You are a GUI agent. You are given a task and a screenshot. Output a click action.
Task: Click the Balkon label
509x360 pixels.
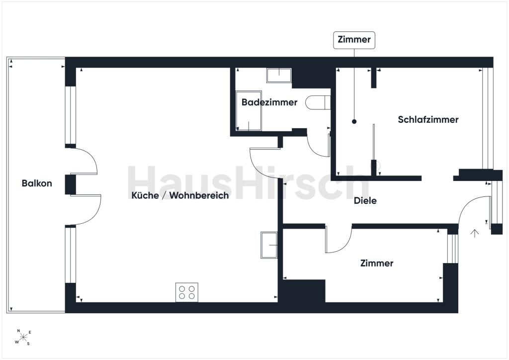[37, 183]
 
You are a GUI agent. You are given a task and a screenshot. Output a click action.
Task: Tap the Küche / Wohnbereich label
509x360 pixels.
[180, 195]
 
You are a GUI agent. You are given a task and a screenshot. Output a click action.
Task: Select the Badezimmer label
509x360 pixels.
[269, 102]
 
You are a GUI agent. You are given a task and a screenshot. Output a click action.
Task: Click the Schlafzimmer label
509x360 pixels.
[428, 119]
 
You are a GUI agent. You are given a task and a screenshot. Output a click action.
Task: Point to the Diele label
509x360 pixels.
[365, 200]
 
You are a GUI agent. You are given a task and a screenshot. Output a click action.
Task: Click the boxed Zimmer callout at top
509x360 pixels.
[354, 40]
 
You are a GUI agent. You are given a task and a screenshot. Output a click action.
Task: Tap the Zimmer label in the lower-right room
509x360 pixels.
[377, 263]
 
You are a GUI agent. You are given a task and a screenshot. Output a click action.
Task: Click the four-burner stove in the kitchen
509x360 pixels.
[187, 292]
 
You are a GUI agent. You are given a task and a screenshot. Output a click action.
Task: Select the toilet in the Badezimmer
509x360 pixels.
[318, 102]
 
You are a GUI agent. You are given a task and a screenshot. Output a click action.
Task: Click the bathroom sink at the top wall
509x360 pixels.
[279, 75]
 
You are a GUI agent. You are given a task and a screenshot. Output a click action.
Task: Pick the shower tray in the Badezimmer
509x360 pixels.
[249, 111]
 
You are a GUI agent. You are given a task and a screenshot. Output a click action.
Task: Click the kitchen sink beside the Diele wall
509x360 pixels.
[269, 245]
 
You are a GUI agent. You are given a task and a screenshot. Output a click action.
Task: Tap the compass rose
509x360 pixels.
[23, 338]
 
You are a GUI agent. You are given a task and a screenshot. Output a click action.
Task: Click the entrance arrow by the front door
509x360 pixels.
[475, 233]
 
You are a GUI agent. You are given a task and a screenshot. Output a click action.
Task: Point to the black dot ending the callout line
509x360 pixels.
[354, 122]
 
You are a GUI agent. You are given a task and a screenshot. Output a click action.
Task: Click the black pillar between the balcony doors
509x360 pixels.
[71, 185]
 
